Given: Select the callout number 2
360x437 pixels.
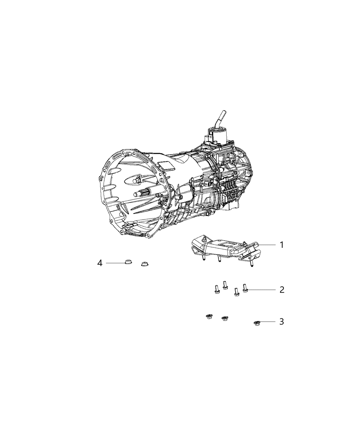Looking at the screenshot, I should [281, 290].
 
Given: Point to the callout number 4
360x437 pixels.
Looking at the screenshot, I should [100, 263].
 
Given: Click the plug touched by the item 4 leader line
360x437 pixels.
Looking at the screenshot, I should [128, 263].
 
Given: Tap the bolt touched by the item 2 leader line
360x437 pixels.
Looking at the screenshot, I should [245, 289].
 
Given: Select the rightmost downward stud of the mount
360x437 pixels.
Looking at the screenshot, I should [251, 264].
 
